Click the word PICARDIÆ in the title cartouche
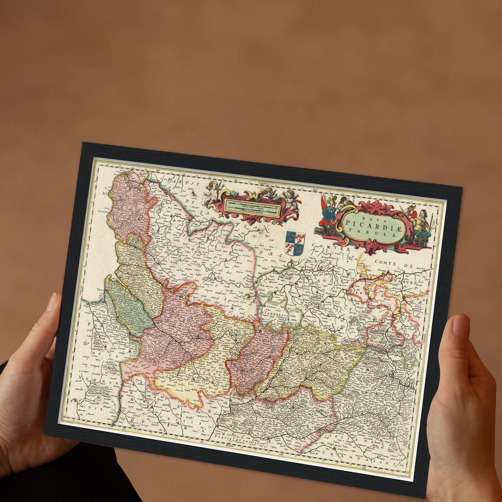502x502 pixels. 373,223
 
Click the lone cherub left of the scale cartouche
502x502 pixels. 211,192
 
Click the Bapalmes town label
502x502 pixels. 238,306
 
